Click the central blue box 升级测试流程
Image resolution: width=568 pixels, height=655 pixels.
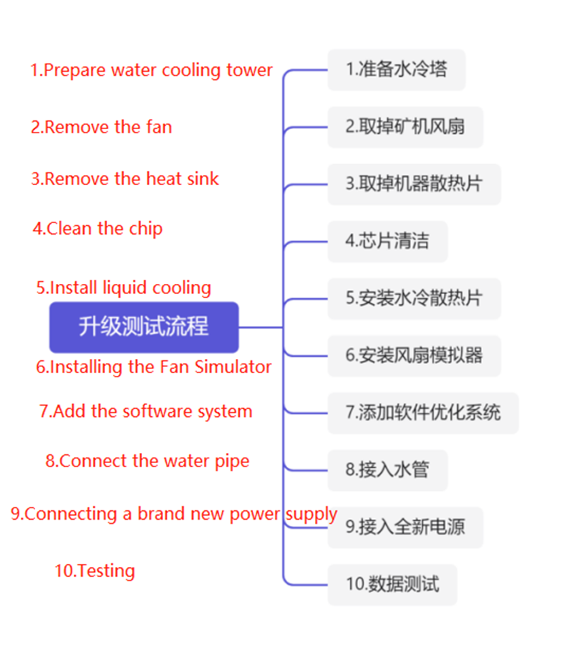(144, 327)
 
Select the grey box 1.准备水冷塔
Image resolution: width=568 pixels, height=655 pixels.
(396, 70)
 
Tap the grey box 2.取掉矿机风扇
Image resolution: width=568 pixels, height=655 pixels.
(405, 127)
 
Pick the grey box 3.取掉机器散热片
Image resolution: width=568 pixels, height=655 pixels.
(414, 184)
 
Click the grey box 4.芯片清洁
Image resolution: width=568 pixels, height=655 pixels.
(387, 241)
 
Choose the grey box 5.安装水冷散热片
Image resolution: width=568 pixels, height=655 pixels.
(414, 298)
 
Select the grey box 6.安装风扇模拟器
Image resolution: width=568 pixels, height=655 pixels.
(414, 356)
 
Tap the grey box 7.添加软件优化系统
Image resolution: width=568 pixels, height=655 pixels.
(422, 412)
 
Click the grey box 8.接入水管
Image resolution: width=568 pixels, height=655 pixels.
(387, 470)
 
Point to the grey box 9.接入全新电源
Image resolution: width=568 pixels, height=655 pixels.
(405, 527)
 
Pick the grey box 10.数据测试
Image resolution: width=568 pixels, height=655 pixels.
(392, 584)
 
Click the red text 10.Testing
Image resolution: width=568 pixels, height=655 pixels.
(95, 571)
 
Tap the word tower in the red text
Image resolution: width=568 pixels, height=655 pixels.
(250, 70)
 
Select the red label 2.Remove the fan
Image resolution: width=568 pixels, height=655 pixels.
(102, 127)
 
